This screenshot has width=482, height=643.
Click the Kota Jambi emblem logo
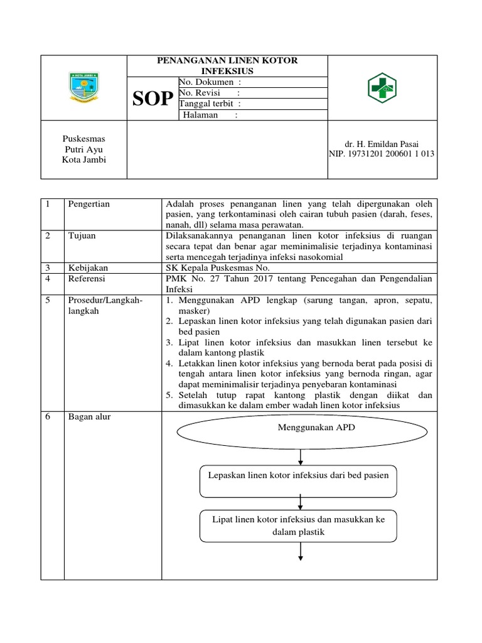pyautogui.click(x=83, y=87)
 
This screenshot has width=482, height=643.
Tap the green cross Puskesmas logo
pyautogui.click(x=382, y=87)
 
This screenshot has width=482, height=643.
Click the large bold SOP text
pyautogui.click(x=153, y=99)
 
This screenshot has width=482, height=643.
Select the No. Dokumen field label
pyautogui.click(x=210, y=82)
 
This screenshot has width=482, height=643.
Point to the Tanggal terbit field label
pyautogui.click(x=210, y=104)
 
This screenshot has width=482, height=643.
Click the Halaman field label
pyautogui.click(x=210, y=115)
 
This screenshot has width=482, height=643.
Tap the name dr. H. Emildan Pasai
pyautogui.click(x=382, y=144)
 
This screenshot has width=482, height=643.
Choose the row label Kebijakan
pyautogui.click(x=86, y=267)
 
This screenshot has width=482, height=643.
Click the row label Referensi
pyautogui.click(x=87, y=278)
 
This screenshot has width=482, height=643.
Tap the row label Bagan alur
pyautogui.click(x=89, y=416)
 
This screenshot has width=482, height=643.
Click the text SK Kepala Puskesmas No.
pyautogui.click(x=217, y=267)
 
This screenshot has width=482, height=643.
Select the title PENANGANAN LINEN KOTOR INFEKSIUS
pyautogui.click(x=227, y=65)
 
